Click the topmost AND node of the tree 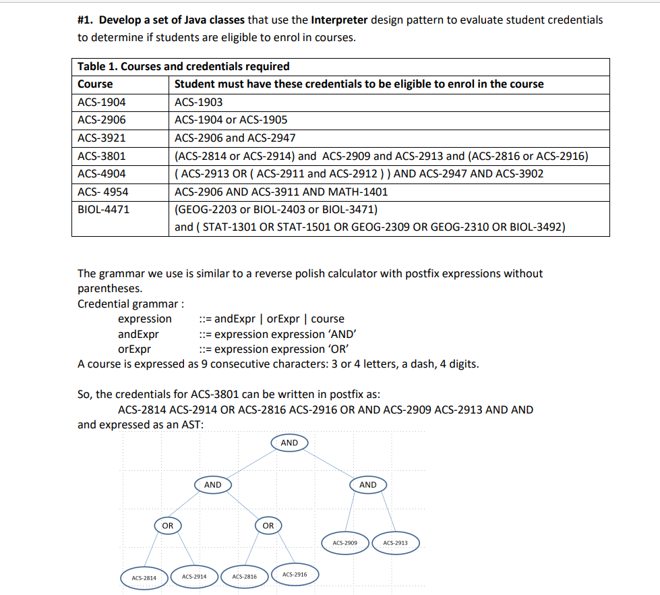pyautogui.click(x=289, y=443)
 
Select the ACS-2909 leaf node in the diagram pyautogui.click(x=345, y=542)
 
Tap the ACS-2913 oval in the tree pyautogui.click(x=395, y=542)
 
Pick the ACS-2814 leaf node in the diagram pyautogui.click(x=144, y=577)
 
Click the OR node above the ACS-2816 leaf pyautogui.click(x=268, y=525)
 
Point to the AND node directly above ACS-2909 pyautogui.click(x=367, y=484)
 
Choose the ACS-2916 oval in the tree pyautogui.click(x=295, y=574)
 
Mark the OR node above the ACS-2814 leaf pyautogui.click(x=167, y=525)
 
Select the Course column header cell pyautogui.click(x=95, y=84)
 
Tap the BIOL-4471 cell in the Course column pyautogui.click(x=103, y=209)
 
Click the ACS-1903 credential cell pyautogui.click(x=198, y=102)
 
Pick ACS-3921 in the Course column pyautogui.click(x=101, y=138)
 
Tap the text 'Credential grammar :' pyautogui.click(x=131, y=304)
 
